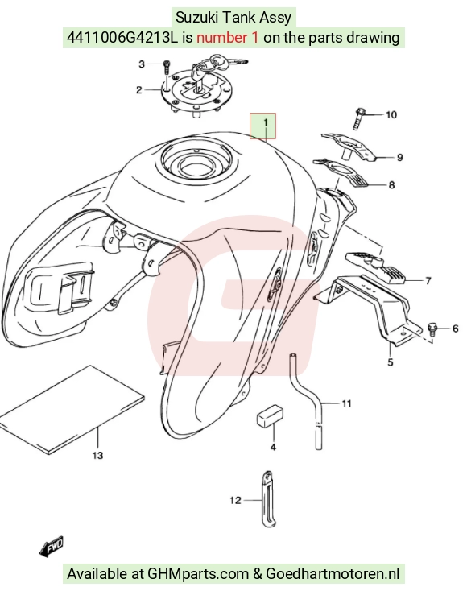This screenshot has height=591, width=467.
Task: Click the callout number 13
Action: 97,455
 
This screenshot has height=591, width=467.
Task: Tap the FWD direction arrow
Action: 52,546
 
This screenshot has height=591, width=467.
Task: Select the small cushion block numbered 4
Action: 270,416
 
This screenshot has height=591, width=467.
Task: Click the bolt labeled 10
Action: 359,118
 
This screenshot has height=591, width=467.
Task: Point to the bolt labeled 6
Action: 432,329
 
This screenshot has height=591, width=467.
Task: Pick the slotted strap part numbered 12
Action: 268,498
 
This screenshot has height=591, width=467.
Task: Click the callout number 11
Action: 346,403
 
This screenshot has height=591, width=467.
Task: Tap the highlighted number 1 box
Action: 263,126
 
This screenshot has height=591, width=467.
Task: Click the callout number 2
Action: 139,90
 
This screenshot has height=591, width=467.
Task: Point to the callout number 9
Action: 400,157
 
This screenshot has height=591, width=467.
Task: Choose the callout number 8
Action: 391,184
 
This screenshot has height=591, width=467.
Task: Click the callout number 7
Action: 428,281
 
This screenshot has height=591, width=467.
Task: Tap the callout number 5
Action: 391,362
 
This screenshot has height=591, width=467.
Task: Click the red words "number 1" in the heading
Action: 228,38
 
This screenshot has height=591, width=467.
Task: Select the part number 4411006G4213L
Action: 122,38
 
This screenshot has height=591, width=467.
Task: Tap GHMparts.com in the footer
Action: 198,574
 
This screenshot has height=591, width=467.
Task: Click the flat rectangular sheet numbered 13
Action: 72,409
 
